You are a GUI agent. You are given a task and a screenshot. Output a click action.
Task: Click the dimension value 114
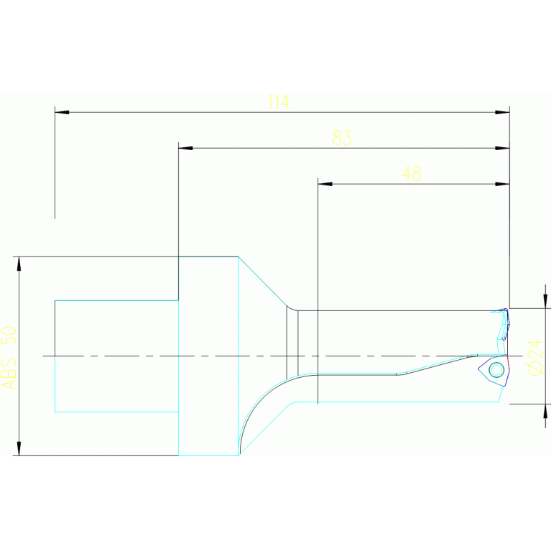coord(278,102)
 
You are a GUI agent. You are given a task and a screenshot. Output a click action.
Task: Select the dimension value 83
coord(342,137)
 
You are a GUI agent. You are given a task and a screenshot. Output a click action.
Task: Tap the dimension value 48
coord(412,174)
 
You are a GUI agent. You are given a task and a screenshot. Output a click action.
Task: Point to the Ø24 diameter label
coord(535,356)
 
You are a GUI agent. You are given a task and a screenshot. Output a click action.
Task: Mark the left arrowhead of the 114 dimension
coord(62,112)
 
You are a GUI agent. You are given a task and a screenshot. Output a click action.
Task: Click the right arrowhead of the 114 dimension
coord(502,112)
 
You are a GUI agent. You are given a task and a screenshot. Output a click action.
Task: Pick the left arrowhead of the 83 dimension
coord(185,148)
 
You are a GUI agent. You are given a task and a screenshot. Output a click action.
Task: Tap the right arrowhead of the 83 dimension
coord(502,148)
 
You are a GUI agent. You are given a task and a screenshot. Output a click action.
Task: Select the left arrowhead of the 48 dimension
coord(325,184)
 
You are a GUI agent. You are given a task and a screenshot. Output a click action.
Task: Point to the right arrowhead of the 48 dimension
coord(502,184)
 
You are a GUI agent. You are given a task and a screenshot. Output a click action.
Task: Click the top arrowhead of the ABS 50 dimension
coord(19,264)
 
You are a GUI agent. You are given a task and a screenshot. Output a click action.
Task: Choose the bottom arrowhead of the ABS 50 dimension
coord(19,448)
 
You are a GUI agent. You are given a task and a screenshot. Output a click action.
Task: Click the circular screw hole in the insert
coord(496,370)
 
